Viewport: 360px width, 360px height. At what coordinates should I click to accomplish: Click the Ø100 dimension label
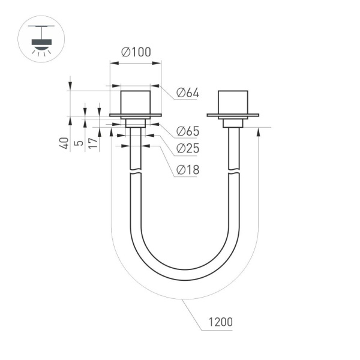click(x=135, y=52)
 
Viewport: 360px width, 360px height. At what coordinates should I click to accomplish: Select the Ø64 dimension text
click(x=187, y=93)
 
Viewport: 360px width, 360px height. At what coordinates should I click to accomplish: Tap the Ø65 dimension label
click(x=187, y=131)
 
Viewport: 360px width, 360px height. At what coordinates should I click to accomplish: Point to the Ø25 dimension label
click(x=187, y=149)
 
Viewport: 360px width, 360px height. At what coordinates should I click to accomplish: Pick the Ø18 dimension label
click(x=187, y=170)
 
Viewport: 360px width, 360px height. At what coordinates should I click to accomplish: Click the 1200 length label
click(x=220, y=322)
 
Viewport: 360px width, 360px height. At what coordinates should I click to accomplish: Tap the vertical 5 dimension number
click(x=78, y=144)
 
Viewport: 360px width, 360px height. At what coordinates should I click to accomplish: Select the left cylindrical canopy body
click(x=135, y=102)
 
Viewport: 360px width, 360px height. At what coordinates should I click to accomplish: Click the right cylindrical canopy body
click(x=232, y=102)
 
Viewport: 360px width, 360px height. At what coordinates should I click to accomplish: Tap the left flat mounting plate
click(x=135, y=115)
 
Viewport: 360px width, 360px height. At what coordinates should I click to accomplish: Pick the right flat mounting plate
click(x=233, y=115)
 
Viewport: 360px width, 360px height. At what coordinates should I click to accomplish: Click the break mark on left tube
click(x=136, y=173)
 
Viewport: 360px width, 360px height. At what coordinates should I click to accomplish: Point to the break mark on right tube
click(x=233, y=173)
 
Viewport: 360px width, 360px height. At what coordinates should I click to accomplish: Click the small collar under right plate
click(x=233, y=123)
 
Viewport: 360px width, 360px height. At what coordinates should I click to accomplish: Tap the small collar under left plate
click(x=135, y=123)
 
